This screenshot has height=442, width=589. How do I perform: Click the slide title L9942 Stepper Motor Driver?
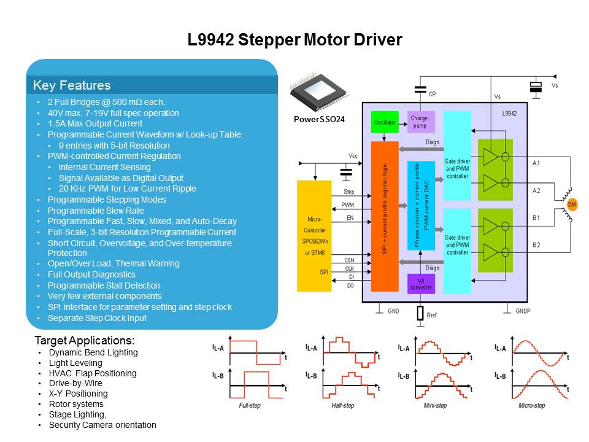click(294, 41)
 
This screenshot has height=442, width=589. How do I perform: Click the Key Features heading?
click(72, 85)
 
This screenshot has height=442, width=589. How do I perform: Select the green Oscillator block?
click(385, 123)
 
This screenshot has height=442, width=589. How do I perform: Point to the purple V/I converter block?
click(420, 284)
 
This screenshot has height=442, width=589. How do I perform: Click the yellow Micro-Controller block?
click(314, 236)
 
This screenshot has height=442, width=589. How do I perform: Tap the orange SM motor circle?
click(572, 204)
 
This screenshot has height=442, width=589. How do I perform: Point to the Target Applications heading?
click(85, 340)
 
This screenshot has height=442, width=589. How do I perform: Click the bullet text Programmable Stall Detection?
click(104, 285)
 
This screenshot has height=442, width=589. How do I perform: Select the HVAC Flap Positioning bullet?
click(93, 373)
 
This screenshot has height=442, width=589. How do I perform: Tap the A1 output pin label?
click(536, 163)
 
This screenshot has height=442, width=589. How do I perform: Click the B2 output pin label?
click(536, 245)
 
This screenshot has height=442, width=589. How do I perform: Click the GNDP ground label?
click(523, 311)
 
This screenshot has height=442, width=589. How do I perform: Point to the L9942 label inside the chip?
click(510, 114)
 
